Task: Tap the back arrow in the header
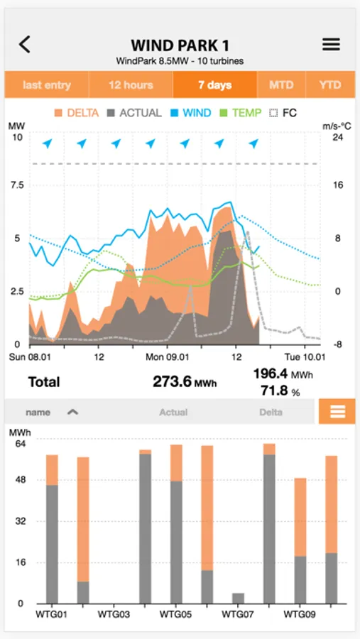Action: (x=25, y=45)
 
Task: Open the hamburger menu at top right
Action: (x=331, y=45)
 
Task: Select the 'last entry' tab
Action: (x=47, y=85)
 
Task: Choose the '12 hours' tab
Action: (x=131, y=85)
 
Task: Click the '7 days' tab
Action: (x=214, y=85)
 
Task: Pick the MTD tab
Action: (x=281, y=85)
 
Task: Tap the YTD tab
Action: (x=329, y=85)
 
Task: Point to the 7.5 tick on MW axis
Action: (x=16, y=185)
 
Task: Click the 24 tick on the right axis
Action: (x=338, y=138)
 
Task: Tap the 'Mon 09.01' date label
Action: (x=168, y=357)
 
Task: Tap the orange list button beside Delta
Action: (x=337, y=412)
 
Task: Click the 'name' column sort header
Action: (x=50, y=412)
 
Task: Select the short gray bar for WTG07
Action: (x=238, y=598)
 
